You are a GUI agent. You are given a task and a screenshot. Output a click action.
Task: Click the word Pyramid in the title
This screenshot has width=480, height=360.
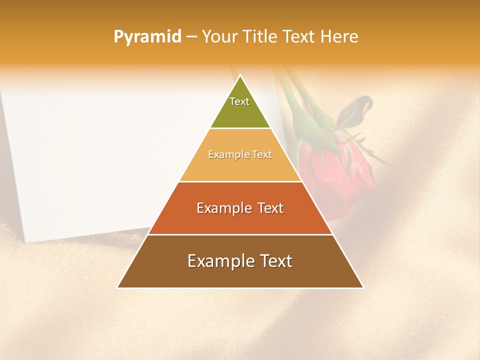[147, 37]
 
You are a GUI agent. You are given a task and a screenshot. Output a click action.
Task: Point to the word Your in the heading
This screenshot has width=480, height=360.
[219, 37]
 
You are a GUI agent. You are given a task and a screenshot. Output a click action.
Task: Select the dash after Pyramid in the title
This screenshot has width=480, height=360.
[191, 37]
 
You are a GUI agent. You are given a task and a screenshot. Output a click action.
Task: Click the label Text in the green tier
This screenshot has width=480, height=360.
[239, 101]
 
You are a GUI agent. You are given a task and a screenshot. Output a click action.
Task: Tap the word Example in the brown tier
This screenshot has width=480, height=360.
[218, 261]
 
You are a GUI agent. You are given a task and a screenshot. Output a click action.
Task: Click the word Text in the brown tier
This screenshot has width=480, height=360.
[275, 261]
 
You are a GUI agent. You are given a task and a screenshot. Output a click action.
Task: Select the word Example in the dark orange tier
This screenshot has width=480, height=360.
[223, 208]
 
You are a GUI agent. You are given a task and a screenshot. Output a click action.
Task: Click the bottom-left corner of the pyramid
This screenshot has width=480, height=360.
[118, 287]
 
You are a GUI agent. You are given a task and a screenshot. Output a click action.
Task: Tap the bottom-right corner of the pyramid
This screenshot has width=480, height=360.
[363, 287]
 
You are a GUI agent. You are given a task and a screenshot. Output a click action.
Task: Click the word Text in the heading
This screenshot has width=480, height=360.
[298, 37]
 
